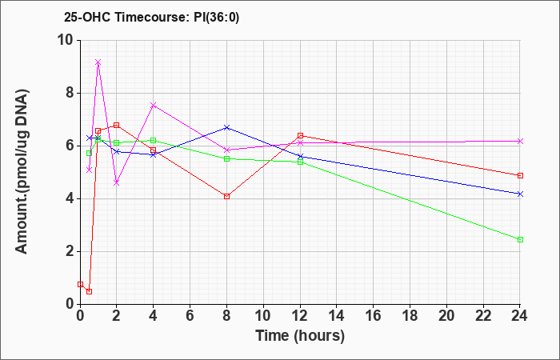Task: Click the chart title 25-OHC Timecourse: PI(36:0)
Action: click(x=151, y=17)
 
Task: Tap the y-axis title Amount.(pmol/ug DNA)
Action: click(x=22, y=171)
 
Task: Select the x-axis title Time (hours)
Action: click(x=300, y=336)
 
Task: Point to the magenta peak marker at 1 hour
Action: click(x=98, y=62)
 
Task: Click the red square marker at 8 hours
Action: click(x=226, y=197)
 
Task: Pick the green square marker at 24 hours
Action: click(x=520, y=240)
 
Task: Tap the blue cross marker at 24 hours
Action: click(x=520, y=194)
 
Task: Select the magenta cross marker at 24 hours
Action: click(x=520, y=142)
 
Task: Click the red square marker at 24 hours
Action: click(x=520, y=176)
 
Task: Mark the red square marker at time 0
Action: click(x=80, y=284)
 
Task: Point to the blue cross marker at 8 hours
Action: click(x=226, y=127)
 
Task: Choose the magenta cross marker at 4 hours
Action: click(x=154, y=105)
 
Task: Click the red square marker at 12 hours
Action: click(x=300, y=136)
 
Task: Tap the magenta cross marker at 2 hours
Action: click(x=117, y=183)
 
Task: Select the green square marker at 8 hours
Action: click(x=226, y=159)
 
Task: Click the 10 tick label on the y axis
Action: click(x=66, y=40)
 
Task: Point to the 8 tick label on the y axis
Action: click(x=70, y=94)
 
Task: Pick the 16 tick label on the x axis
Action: click(x=374, y=316)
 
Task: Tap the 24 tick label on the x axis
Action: click(x=519, y=316)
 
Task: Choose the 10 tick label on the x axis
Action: click(x=263, y=316)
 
